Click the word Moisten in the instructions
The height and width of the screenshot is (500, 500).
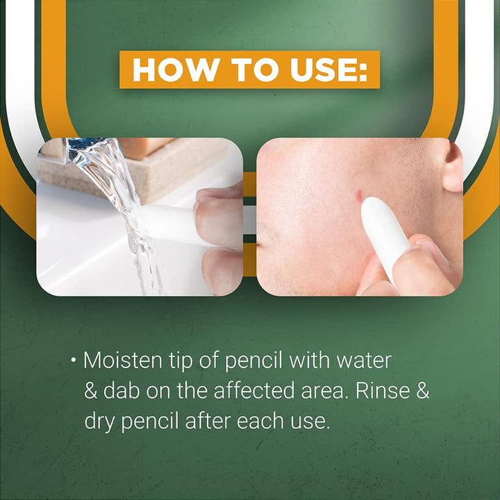click(121, 361)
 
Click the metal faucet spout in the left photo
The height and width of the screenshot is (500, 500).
click(73, 147)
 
